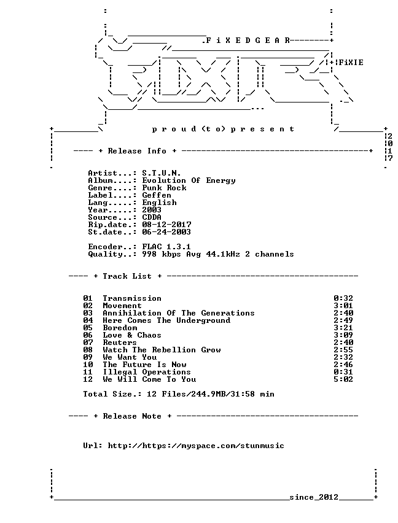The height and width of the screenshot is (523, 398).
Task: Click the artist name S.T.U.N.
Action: tap(162, 173)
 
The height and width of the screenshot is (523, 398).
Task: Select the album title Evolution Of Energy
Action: tap(189, 180)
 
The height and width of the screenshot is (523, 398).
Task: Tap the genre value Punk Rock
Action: tap(164, 188)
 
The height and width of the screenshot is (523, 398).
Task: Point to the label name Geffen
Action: tap(157, 195)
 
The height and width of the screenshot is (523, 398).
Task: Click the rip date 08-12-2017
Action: tap(166, 225)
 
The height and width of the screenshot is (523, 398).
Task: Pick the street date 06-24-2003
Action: tap(166, 232)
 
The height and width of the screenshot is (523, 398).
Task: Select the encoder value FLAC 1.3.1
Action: tap(166, 247)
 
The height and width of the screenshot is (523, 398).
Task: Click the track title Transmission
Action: tap(132, 298)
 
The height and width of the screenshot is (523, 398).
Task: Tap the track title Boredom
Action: tap(120, 328)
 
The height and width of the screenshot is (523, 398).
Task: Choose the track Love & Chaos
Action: tap(132, 335)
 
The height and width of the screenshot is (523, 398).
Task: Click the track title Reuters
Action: tap(120, 342)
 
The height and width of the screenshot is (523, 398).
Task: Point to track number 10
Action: tap(88, 365)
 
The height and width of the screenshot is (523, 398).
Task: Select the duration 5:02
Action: tap(343, 379)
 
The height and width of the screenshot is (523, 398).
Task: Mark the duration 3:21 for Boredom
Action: tap(343, 328)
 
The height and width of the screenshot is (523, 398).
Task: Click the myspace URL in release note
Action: tap(196, 446)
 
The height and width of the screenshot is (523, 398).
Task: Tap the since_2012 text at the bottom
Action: tap(314, 497)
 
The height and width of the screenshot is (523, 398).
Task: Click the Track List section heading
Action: tap(127, 276)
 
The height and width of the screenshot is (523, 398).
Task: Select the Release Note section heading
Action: tap(132, 416)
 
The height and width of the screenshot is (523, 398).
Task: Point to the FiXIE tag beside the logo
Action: tap(351, 63)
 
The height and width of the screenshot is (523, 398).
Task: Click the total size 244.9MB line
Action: tap(179, 394)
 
